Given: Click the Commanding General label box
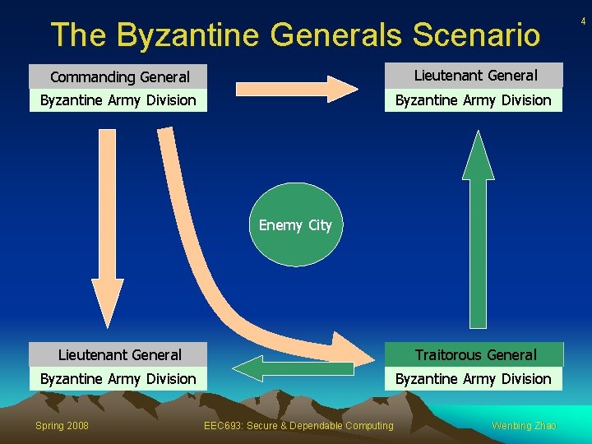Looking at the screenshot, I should coord(118,77).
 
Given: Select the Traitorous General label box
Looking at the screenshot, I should coord(475,355).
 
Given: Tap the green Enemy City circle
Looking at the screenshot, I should coord(294,224).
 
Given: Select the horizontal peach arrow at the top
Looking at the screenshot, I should coord(294,87).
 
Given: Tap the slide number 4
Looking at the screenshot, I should coord(583,21).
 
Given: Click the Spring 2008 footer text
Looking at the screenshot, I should coord(62,425).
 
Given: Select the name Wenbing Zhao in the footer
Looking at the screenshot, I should coord(524,425).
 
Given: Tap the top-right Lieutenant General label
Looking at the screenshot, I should coord(475,76).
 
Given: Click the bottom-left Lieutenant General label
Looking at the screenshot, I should coord(119,355).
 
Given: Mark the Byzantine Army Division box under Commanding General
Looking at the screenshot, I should coord(118,100).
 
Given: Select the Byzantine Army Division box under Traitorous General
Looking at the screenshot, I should coord(474,379).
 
